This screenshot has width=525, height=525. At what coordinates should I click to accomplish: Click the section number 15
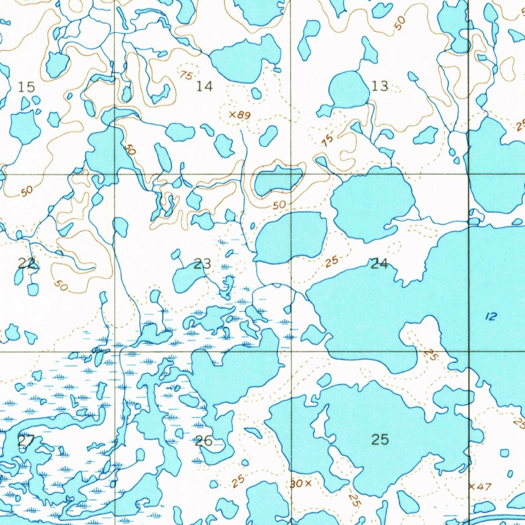coord(26,87)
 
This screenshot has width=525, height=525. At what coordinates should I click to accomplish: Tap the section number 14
coord(204,86)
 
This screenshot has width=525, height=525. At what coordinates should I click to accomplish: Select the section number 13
coord(380,86)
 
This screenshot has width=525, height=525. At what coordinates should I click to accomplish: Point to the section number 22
coord(27,264)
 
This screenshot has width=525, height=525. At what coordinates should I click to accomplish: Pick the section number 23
coord(203,265)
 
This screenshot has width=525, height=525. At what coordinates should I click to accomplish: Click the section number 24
coord(379,264)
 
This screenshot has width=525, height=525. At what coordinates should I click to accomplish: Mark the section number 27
coord(26,440)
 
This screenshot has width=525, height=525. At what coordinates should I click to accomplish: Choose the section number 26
coord(204,441)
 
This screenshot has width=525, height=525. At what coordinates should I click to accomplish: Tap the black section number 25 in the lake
coord(380,439)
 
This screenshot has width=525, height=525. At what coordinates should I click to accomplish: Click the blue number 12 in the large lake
coord(491,317)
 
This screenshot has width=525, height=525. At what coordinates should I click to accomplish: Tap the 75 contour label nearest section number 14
coord(187,75)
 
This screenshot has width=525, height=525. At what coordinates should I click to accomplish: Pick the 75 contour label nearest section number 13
coord(328,138)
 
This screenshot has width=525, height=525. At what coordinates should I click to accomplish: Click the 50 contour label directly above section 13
coord(400,21)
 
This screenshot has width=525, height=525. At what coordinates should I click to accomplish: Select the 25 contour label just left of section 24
coord(332,261)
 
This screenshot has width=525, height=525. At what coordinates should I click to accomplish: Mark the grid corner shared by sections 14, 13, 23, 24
coord(291,174)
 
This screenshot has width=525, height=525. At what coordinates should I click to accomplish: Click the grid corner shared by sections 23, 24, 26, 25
coord(292,352)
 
